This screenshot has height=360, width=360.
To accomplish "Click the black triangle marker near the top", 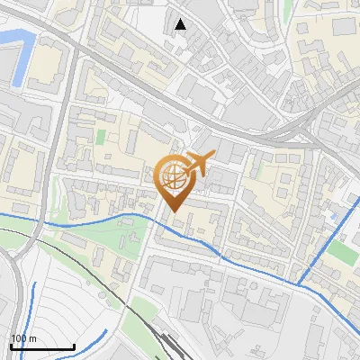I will [181, 24].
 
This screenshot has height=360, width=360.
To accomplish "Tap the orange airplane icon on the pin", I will [198, 163].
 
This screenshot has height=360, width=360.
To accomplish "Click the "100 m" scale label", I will [23, 337].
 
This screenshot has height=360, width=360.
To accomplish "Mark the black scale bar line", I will [41, 346].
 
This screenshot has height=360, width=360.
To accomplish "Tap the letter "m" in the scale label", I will [33, 337].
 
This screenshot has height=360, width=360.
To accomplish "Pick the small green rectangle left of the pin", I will [101, 138].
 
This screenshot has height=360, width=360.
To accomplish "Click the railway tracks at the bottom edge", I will [166, 346].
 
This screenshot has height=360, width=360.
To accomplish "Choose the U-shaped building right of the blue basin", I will [49, 67].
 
